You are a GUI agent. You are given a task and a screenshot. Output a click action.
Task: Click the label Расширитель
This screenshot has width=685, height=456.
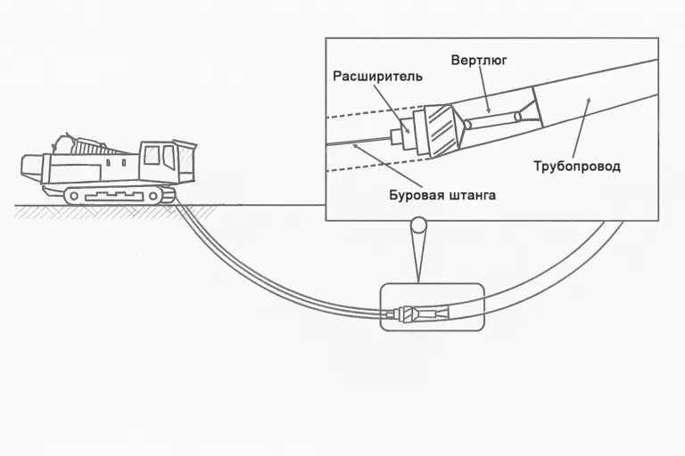pyautogui.click(x=377, y=77)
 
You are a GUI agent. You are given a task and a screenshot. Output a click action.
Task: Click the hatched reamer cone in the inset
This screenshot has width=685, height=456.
pyautogui.click(x=442, y=130)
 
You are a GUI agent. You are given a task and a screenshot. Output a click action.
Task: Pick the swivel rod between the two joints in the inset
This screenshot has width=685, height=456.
pyautogui.click(x=491, y=118)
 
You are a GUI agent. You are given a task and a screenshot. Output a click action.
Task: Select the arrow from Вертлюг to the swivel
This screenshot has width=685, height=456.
pyautogui.click(x=483, y=89)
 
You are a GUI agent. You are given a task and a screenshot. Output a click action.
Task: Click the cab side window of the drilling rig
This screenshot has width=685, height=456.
pyautogui.click(x=151, y=156)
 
